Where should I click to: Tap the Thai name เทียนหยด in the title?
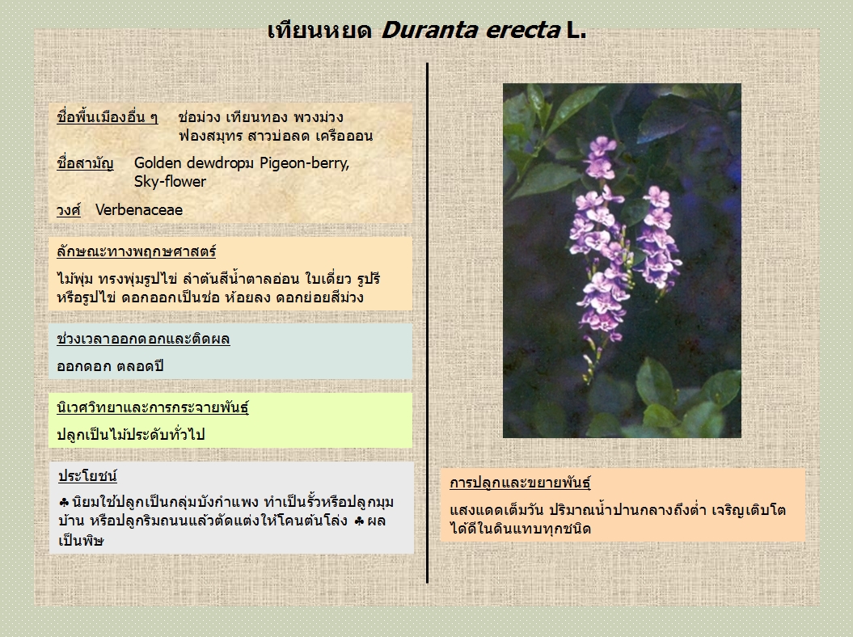click(x=319, y=30)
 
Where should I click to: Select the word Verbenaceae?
click(x=139, y=210)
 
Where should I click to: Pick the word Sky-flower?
click(x=171, y=182)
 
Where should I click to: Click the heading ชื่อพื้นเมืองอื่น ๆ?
click(x=108, y=117)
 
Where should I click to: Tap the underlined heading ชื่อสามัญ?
click(x=86, y=163)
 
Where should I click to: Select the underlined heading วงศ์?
click(x=69, y=210)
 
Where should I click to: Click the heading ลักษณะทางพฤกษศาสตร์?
click(x=137, y=251)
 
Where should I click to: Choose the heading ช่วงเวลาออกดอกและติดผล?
click(x=144, y=339)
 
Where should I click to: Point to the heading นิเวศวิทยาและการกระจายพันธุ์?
click(x=153, y=407)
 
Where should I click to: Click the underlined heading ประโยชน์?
click(x=87, y=476)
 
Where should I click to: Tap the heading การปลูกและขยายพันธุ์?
click(x=520, y=483)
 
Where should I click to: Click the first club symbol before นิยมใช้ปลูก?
click(x=64, y=502)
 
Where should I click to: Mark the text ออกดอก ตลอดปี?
click(x=111, y=366)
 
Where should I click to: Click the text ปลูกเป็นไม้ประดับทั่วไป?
click(x=131, y=435)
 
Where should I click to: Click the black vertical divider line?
click(x=428, y=323)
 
